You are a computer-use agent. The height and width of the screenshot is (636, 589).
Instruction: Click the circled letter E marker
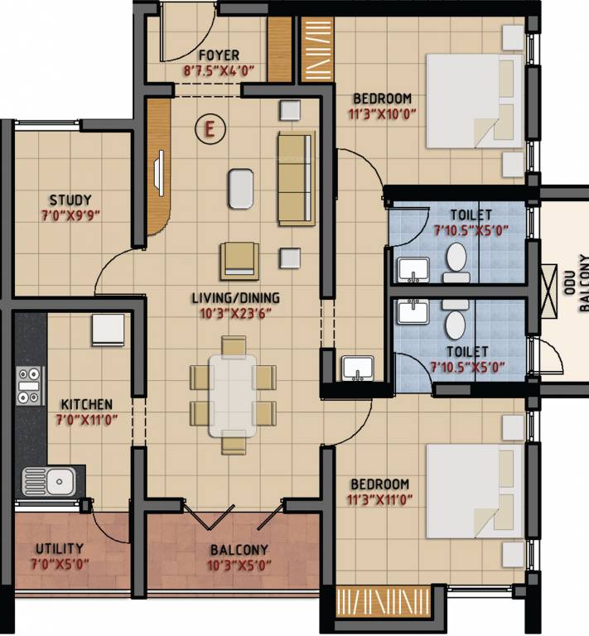tap(210, 128)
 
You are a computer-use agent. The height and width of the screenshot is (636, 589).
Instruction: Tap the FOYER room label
tap(213, 56)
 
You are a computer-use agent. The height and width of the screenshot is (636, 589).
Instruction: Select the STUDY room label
tap(70, 200)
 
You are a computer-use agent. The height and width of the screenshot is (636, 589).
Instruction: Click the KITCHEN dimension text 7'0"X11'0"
tap(86, 419)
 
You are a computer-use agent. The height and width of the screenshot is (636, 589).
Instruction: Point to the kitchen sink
tap(48, 479)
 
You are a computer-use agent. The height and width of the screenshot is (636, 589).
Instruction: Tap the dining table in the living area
tap(233, 395)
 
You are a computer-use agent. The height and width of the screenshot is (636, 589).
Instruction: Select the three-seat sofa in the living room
tap(297, 178)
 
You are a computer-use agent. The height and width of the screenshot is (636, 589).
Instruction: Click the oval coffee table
tap(240, 187)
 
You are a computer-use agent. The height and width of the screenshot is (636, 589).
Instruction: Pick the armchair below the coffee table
tap(239, 260)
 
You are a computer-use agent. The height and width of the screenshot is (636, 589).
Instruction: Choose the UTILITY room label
tap(59, 549)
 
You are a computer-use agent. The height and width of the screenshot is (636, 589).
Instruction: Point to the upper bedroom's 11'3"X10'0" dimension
tap(382, 114)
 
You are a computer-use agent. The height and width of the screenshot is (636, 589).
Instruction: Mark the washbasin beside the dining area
tap(357, 366)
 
